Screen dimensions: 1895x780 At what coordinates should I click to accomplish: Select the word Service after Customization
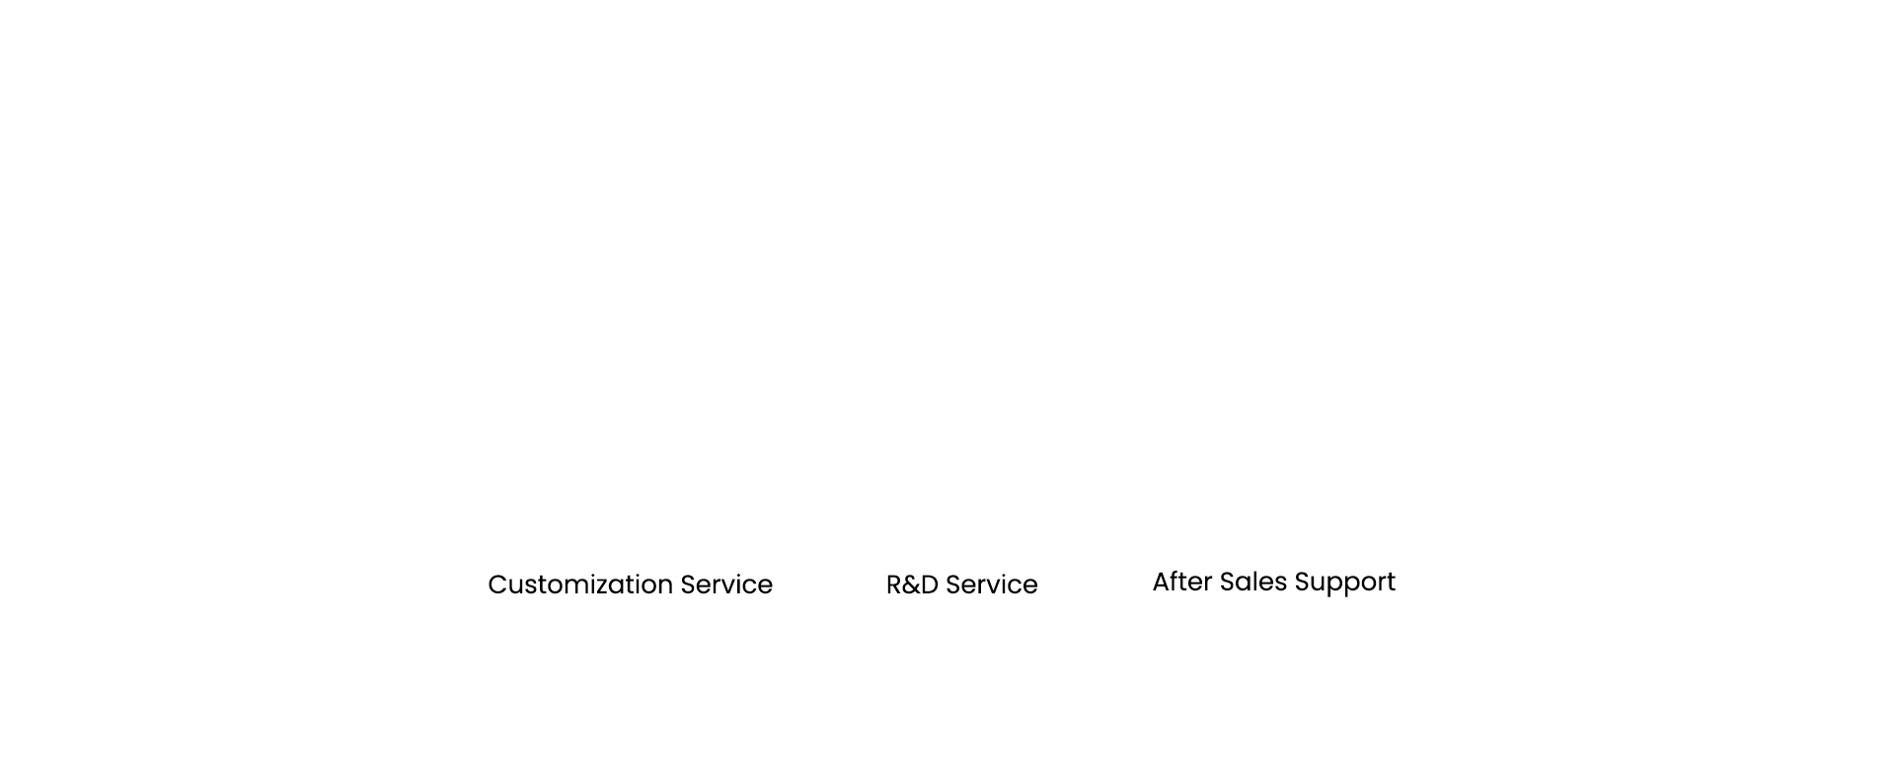726,585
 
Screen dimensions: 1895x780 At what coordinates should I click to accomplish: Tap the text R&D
912,585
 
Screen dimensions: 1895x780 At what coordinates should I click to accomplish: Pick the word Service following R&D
992,585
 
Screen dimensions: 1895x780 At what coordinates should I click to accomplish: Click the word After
1182,582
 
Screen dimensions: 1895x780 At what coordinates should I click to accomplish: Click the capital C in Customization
497,585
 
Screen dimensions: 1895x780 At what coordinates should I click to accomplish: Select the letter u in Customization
517,587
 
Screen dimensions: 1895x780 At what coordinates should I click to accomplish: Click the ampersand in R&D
912,585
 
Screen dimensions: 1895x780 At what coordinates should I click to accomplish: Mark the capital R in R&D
894,585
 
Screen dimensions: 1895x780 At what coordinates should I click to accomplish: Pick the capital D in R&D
930,585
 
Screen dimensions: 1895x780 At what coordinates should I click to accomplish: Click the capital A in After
1163,582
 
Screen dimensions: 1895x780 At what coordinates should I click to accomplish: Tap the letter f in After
1177,581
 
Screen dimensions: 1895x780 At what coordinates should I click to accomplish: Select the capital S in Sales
1229,582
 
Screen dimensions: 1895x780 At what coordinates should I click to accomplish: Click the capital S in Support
1304,582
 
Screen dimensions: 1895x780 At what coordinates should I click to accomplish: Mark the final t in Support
1391,583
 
